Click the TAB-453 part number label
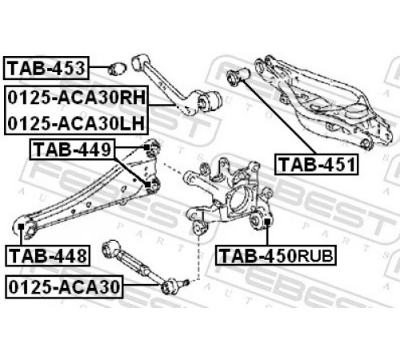click(x=46, y=68)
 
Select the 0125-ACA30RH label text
click(x=77, y=98)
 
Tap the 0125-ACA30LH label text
click(x=76, y=123)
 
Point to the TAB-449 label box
click(x=72, y=150)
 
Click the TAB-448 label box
click(x=47, y=255)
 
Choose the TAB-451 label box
click(x=317, y=164)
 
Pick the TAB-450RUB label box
click(x=276, y=255)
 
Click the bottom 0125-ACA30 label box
click(x=64, y=287)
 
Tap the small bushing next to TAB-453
click(x=118, y=69)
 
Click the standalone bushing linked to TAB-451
click(x=238, y=76)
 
